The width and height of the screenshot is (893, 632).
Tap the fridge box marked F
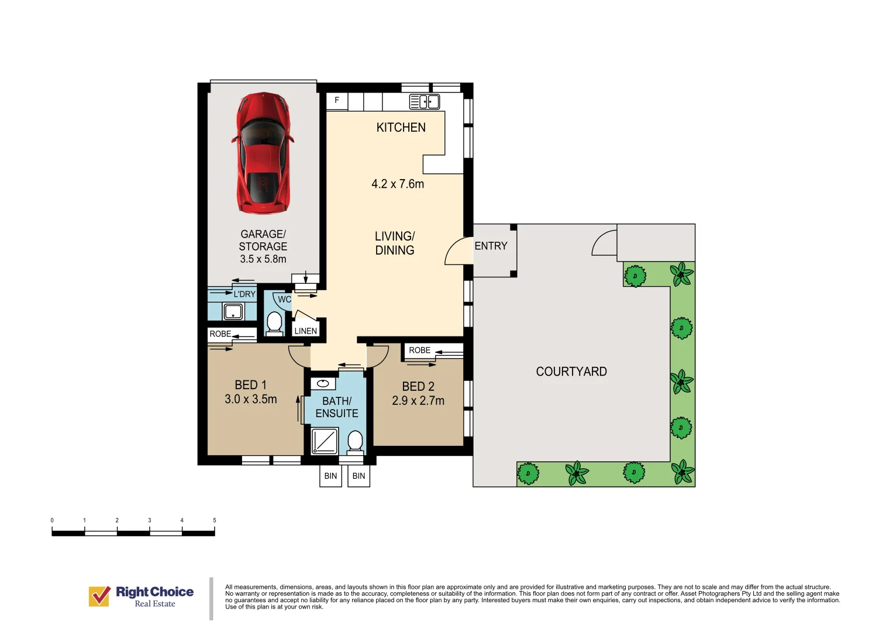[337, 101]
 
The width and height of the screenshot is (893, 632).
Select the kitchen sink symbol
[424, 102]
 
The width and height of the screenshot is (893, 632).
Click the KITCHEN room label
[401, 128]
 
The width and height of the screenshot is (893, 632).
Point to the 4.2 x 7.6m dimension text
[398, 184]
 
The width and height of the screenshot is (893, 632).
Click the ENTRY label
[491, 246]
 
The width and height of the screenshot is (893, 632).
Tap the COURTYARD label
[571, 372]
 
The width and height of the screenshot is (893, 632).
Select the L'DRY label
[244, 294]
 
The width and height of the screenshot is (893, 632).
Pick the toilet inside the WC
[274, 322]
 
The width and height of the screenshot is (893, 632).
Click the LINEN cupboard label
[306, 331]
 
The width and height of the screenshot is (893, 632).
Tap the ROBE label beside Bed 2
[419, 350]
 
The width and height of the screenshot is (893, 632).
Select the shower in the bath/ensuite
[325, 441]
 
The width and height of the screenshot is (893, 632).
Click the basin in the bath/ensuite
[323, 384]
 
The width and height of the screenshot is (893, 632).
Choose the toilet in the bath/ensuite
[355, 442]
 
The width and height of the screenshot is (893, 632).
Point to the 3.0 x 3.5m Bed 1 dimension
[251, 399]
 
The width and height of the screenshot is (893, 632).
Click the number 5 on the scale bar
[215, 520]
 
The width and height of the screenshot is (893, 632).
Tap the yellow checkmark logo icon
[99, 596]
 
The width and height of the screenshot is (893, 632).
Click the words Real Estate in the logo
[154, 604]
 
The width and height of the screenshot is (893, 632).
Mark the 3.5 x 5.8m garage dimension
[263, 259]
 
